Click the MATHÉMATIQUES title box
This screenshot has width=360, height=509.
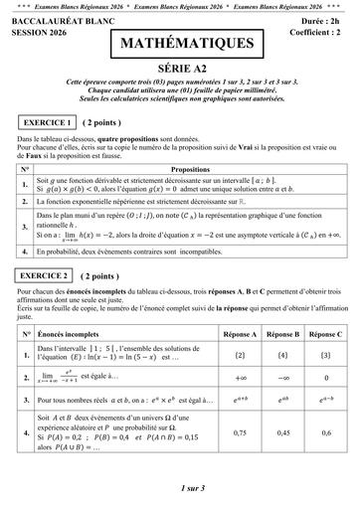point(179,45)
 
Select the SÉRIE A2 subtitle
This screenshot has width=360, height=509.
point(179,69)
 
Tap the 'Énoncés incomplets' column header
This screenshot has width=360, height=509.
point(73,335)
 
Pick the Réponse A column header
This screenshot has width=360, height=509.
point(240,335)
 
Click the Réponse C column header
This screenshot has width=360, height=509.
point(326,335)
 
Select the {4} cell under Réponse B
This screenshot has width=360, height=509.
point(282,354)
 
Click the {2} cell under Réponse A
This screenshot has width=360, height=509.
point(240,354)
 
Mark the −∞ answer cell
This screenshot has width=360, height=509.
point(282,378)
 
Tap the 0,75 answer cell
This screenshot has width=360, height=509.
point(240,432)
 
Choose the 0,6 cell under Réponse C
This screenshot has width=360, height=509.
point(326,432)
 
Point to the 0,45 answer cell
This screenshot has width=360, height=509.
point(282,432)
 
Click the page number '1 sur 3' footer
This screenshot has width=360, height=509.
point(179,488)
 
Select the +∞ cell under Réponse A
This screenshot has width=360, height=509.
point(240,378)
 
